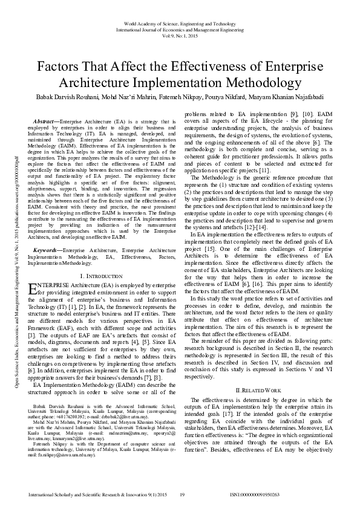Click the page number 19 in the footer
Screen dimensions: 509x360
pos(182,495)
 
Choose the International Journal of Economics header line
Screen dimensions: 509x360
pos(180,30)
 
